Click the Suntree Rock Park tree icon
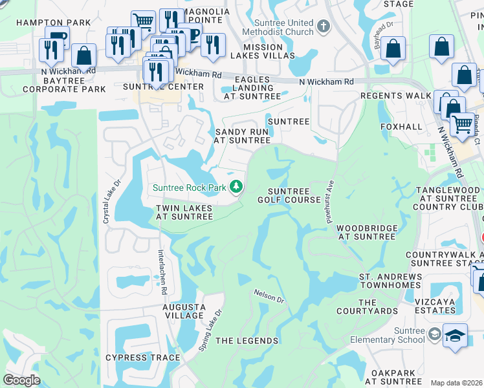tap(237, 187)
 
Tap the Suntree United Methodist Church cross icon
tap(324, 27)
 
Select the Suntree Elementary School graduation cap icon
tap(456, 336)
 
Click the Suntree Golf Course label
tap(294, 195)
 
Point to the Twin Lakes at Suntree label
tap(184, 212)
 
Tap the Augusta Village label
tap(184, 311)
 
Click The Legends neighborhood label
tap(247, 341)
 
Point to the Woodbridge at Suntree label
tap(366, 232)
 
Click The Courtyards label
tap(377, 307)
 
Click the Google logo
tap(22, 380)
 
